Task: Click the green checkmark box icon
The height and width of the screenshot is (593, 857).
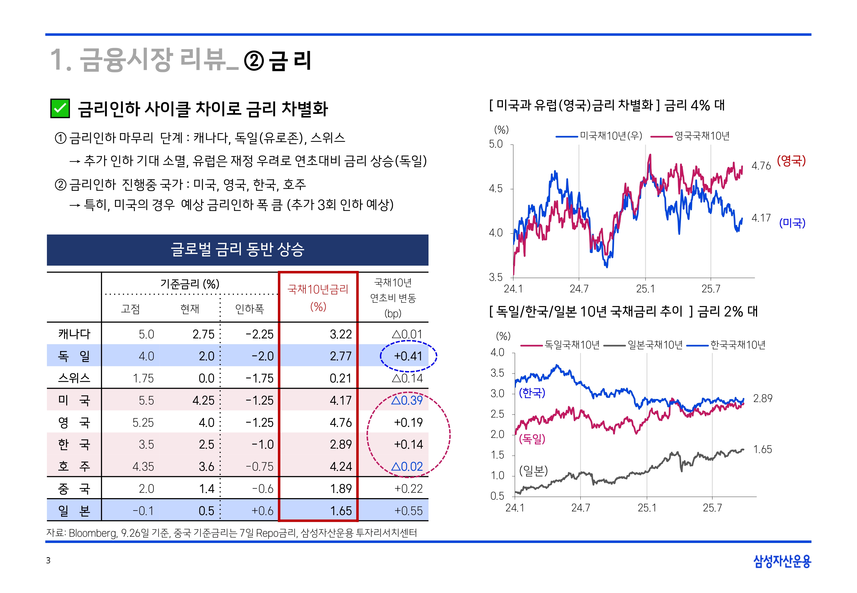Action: [x=60, y=109]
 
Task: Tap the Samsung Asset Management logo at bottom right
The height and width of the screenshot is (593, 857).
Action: [x=782, y=561]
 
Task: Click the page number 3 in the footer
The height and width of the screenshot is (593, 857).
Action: [x=48, y=560]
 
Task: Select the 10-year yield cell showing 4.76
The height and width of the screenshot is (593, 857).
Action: [x=340, y=422]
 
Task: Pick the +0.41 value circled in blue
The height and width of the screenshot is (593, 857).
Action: [x=408, y=356]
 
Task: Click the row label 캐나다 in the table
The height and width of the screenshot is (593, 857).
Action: [x=74, y=334]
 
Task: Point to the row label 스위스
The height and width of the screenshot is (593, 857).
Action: [x=74, y=378]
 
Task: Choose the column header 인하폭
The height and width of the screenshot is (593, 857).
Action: [x=249, y=309]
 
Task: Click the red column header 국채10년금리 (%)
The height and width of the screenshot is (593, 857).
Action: [x=318, y=297]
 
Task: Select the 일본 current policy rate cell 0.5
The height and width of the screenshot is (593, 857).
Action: [x=206, y=511]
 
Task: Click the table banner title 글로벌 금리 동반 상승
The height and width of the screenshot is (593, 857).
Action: [x=238, y=249]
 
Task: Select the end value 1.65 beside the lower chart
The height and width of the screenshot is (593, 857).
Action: [x=762, y=449]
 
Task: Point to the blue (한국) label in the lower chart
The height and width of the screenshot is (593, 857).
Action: [x=532, y=393]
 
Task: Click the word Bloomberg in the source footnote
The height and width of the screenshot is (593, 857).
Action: [x=93, y=533]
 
